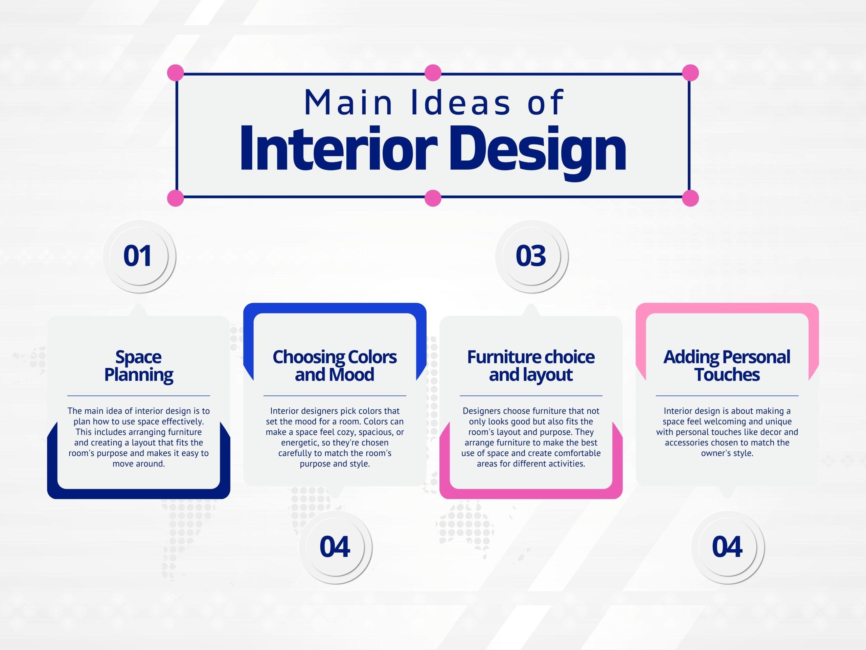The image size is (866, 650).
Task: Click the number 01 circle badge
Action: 139,256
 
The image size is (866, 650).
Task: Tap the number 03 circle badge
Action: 531,256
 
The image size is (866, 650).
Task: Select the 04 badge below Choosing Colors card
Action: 335,547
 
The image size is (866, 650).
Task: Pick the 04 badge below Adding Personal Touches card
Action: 727,547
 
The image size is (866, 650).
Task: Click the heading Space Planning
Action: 139,366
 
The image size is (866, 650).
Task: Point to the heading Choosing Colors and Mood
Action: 335,366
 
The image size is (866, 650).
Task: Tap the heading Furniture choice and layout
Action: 531,366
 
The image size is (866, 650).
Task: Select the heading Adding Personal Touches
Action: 727,366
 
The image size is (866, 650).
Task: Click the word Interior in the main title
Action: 339,149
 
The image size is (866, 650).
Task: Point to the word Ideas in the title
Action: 460,103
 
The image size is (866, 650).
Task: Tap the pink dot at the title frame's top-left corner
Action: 175,73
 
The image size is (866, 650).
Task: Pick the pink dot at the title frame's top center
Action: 433,73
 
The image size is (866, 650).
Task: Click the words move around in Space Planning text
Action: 139,464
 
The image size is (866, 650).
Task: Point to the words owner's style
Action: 727,453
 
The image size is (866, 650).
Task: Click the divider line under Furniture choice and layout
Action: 531,396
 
